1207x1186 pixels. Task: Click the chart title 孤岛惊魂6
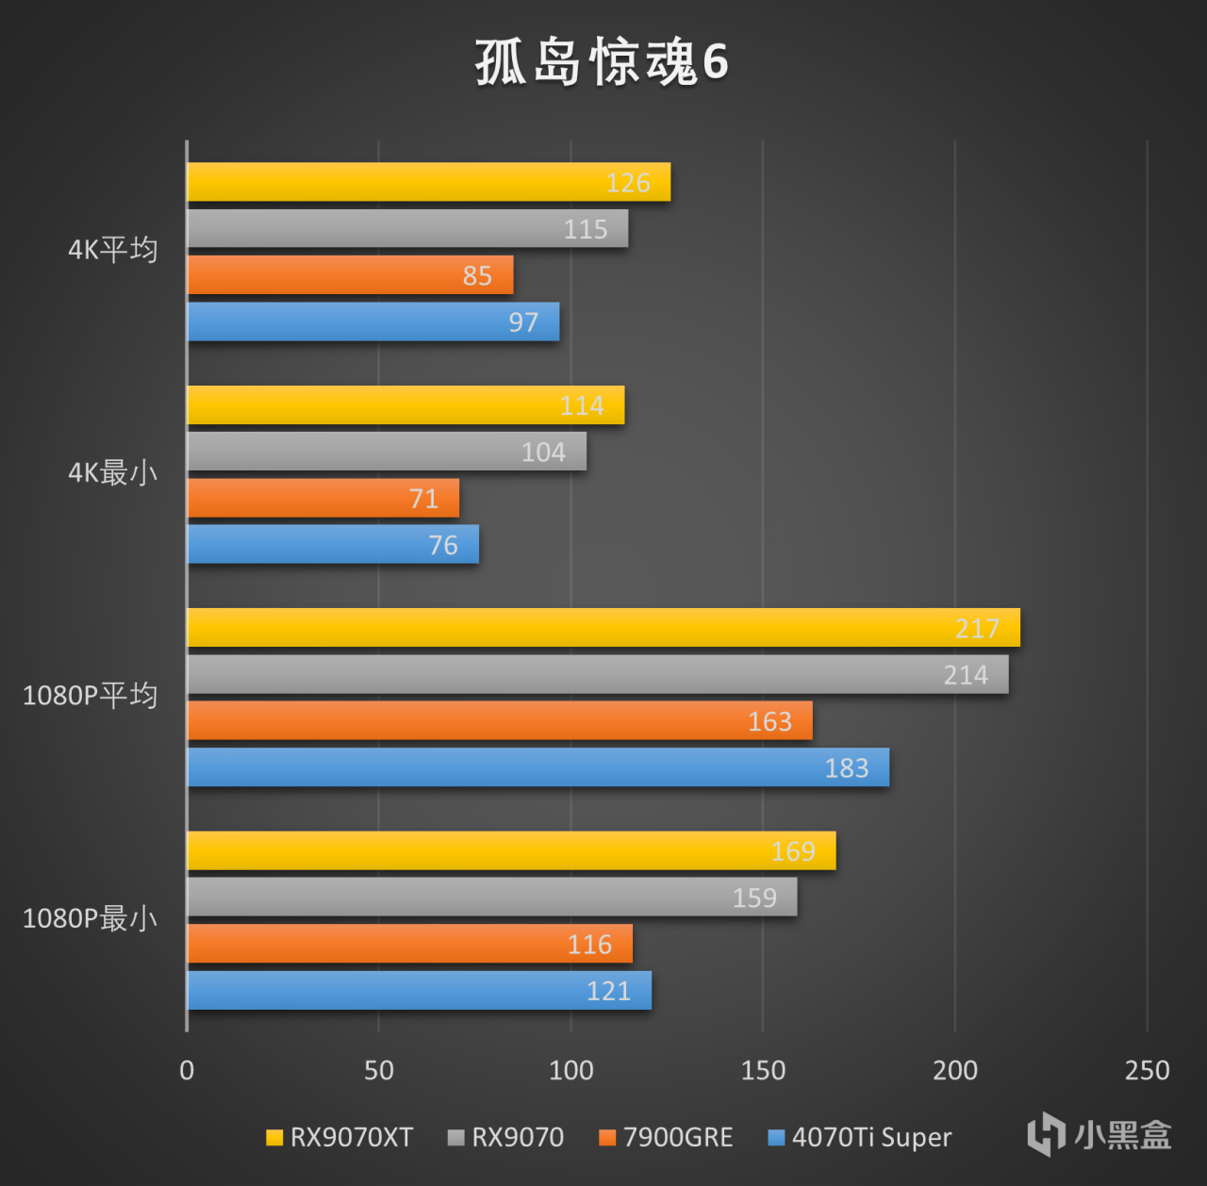(x=602, y=62)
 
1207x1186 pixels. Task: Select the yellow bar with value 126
(x=428, y=182)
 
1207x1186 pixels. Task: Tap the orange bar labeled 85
(x=350, y=275)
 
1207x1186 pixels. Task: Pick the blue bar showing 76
(x=333, y=545)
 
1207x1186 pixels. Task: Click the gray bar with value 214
(x=597, y=675)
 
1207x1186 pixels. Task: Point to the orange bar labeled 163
(x=499, y=721)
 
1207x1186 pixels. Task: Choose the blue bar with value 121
(x=419, y=991)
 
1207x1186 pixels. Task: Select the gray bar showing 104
(x=387, y=452)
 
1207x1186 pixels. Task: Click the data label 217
(x=977, y=629)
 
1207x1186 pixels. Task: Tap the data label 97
(x=523, y=322)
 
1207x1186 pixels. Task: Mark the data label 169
(x=793, y=851)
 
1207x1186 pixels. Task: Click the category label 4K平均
(x=112, y=250)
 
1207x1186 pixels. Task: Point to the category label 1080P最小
(x=90, y=918)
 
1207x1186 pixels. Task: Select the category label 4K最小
(x=112, y=472)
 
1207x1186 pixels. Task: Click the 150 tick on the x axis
(x=763, y=1070)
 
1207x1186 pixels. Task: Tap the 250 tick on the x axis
(x=1147, y=1070)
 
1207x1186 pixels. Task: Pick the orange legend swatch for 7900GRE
(x=607, y=1138)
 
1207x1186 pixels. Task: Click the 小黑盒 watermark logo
(x=1100, y=1134)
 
